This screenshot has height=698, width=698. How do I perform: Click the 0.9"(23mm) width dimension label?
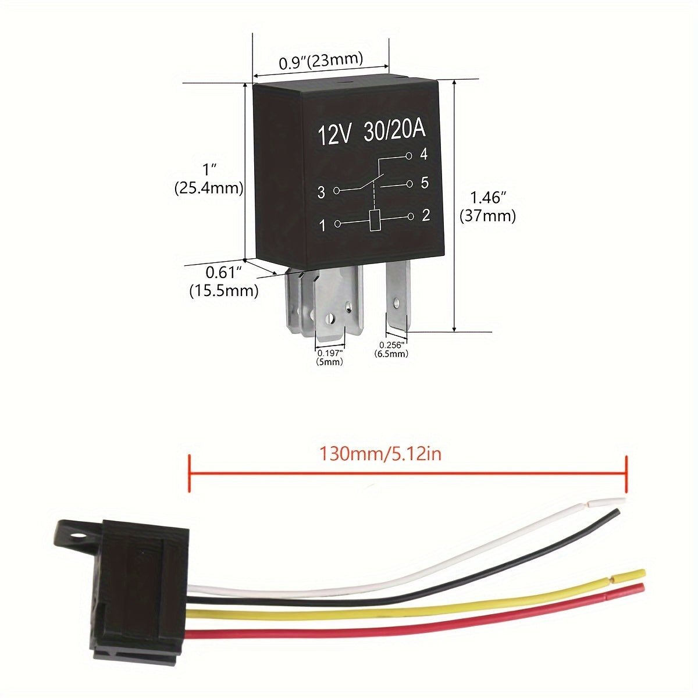[320, 61]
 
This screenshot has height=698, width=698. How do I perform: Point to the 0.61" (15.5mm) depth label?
[224, 281]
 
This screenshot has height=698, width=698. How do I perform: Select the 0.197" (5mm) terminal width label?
[330, 357]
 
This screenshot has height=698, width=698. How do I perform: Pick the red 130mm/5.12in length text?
[380, 453]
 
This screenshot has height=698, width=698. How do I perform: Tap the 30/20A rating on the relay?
[395, 131]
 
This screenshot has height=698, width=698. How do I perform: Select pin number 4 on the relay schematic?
[424, 155]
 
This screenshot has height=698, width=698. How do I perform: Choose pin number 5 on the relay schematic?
[425, 183]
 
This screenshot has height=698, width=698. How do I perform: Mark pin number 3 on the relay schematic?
[322, 193]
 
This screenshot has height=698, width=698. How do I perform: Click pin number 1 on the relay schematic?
[323, 225]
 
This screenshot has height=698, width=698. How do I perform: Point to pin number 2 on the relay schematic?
[426, 216]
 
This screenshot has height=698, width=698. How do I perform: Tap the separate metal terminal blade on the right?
[398, 297]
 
